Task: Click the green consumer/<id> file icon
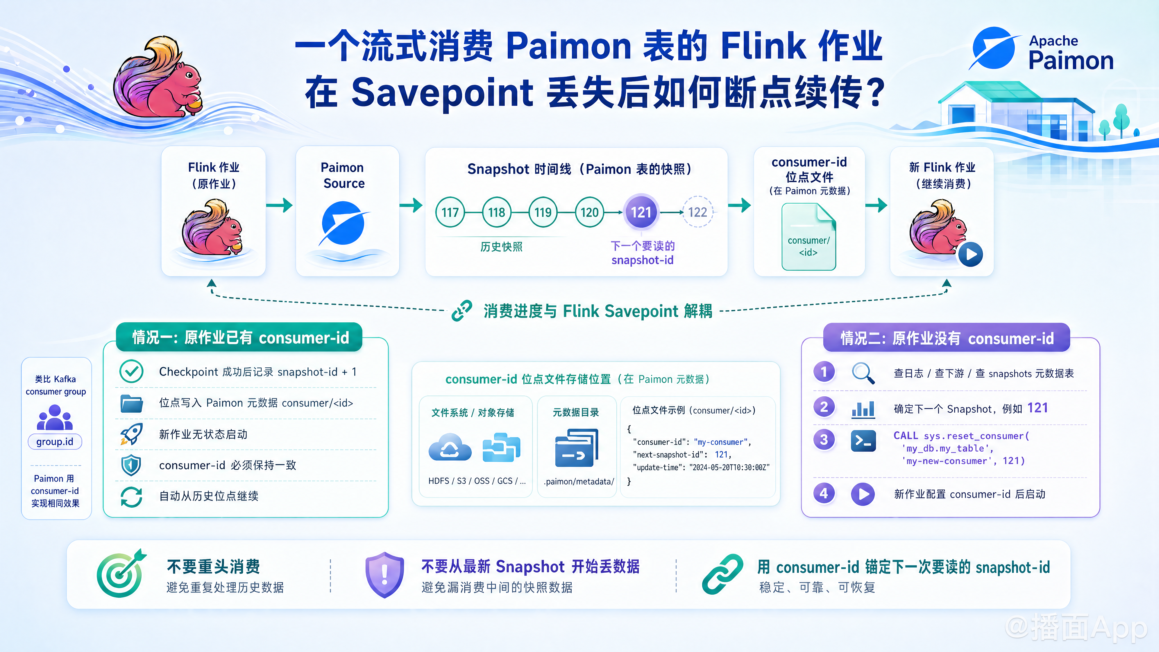pyautogui.click(x=809, y=237)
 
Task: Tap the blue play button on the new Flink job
pyautogui.click(x=970, y=254)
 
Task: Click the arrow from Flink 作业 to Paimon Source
pyautogui.click(x=279, y=205)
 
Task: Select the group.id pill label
pyautogui.click(x=55, y=441)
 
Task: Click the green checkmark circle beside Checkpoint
pyautogui.click(x=131, y=371)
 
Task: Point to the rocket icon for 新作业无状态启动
pyautogui.click(x=131, y=434)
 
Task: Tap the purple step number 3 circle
pyautogui.click(x=824, y=439)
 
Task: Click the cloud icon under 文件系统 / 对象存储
pyautogui.click(x=450, y=447)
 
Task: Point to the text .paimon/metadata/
pyautogui.click(x=579, y=481)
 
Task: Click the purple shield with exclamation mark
pyautogui.click(x=385, y=575)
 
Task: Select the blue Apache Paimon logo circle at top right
pyautogui.click(x=994, y=48)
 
